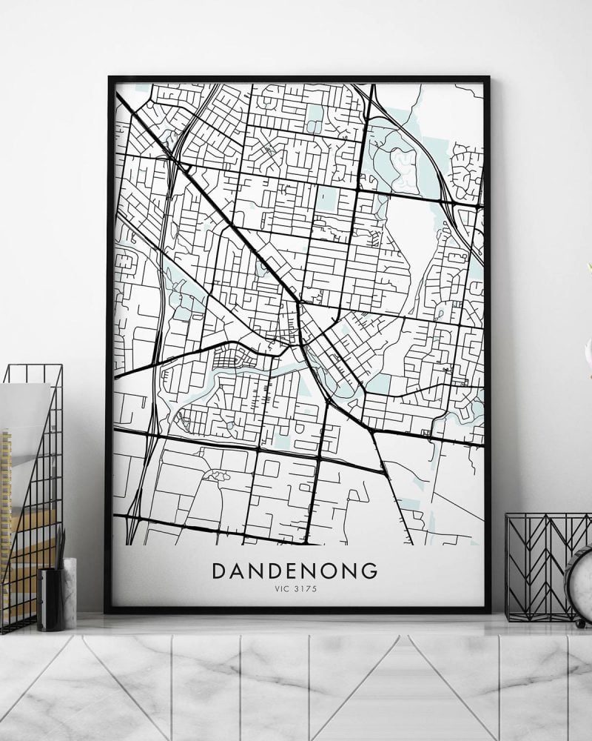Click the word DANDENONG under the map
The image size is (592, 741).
click(x=295, y=572)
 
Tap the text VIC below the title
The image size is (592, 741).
click(x=280, y=591)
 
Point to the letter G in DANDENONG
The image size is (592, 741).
click(x=369, y=572)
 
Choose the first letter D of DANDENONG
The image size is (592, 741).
click(x=220, y=572)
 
